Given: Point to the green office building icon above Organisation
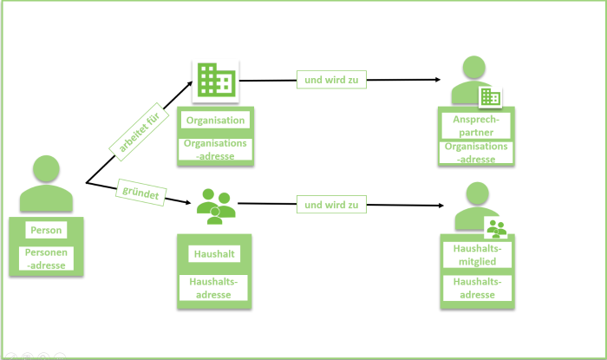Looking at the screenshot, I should coord(213,82).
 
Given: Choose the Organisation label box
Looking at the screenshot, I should coord(215,121).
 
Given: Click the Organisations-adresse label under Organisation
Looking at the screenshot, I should coord(215,148).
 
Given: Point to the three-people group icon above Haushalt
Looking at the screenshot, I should coord(216,205).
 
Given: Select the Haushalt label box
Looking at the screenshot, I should coord(213,254).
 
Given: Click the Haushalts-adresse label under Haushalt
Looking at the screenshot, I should coord(213,288).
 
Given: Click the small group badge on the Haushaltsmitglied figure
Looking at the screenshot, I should coord(496,228).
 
